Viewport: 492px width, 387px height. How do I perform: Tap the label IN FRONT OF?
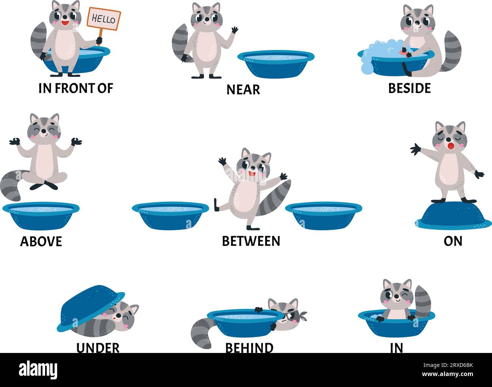pyautogui.click(x=76, y=88)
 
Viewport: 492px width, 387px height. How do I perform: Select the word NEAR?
pyautogui.click(x=243, y=90)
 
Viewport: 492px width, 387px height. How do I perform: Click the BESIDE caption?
pyautogui.click(x=409, y=88)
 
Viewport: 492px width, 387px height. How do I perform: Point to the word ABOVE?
pyautogui.click(x=41, y=241)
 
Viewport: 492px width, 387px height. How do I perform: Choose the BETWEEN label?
pyautogui.click(x=251, y=241)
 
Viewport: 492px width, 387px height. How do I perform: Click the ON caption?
pyautogui.click(x=453, y=241)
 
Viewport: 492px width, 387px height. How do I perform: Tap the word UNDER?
pyautogui.click(x=98, y=347)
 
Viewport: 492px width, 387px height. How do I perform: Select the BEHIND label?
pyautogui.click(x=249, y=347)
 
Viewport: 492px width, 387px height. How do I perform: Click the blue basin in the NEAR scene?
pyautogui.click(x=276, y=63)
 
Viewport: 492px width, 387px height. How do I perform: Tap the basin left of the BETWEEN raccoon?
pyautogui.click(x=170, y=216)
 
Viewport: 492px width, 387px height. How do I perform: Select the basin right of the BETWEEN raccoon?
pyautogui.click(x=323, y=216)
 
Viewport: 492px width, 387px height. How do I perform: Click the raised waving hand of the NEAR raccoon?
pyautogui.click(x=234, y=30)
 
